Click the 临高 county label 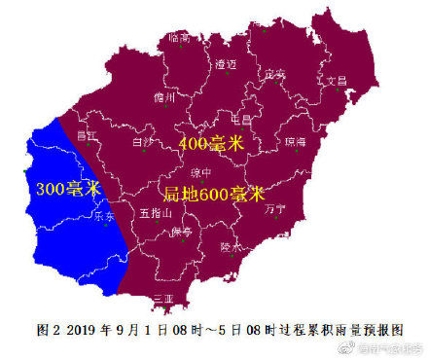[x=179, y=38]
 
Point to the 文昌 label [x=335, y=81]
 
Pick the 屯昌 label [x=240, y=119]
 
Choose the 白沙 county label [x=143, y=142]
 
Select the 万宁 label [x=274, y=209]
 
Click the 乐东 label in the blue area [x=104, y=217]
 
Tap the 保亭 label [x=182, y=233]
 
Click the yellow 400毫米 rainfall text [x=211, y=144]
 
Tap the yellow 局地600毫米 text [x=213, y=193]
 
